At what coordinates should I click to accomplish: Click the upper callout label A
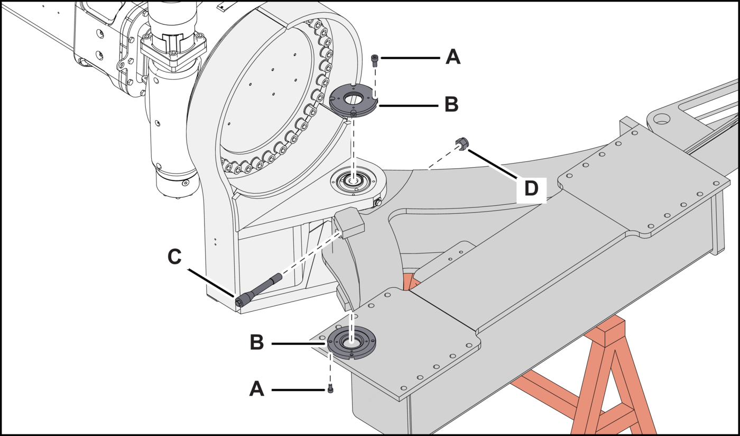click(453, 57)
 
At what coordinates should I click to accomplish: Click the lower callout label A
click(256, 389)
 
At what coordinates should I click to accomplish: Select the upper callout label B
click(451, 105)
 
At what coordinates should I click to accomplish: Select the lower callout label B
click(256, 342)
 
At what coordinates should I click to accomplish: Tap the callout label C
click(174, 257)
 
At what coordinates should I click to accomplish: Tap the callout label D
click(531, 188)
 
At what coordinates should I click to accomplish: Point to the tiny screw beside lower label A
click(330, 389)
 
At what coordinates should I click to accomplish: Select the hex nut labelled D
click(462, 143)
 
